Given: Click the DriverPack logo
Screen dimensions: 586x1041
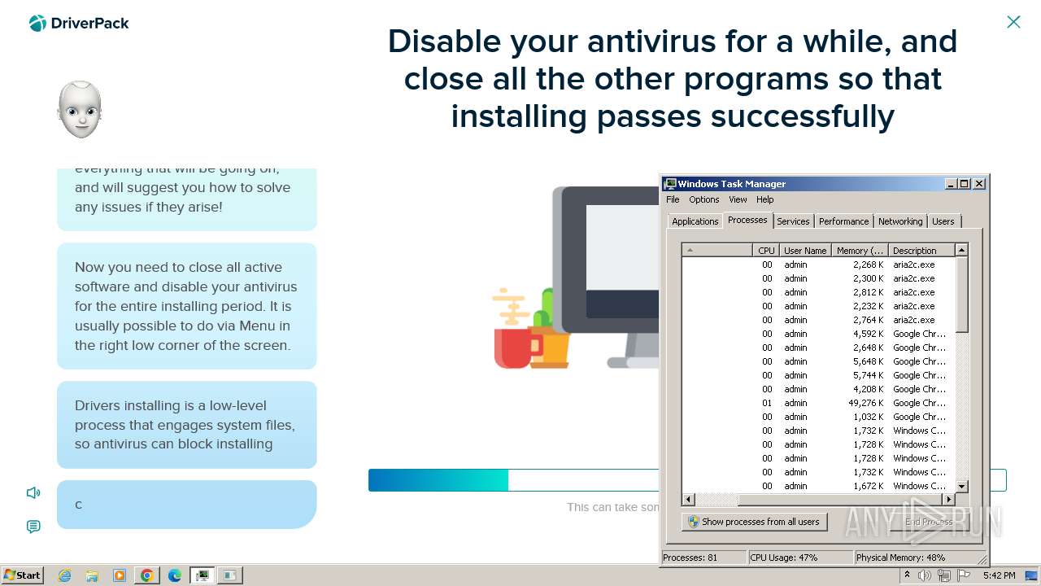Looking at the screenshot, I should [x=79, y=24].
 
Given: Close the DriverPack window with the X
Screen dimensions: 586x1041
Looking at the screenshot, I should [x=1013, y=22].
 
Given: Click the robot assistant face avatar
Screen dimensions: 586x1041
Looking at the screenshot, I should [x=80, y=110].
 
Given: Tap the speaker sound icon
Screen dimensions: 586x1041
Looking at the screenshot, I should [x=33, y=492].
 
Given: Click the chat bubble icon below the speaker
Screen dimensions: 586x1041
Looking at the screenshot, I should [x=33, y=527].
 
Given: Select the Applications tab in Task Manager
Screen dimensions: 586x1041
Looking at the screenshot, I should [x=695, y=221].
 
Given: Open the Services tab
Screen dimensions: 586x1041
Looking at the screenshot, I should [x=792, y=221].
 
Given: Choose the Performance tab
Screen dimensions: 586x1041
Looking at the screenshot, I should [x=843, y=221].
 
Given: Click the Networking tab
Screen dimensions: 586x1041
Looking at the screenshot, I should [x=899, y=221].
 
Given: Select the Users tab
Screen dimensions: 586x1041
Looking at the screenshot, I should [x=943, y=221].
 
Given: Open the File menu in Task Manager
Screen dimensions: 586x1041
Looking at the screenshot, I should [x=673, y=199].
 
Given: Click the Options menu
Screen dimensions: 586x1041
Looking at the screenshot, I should [x=703, y=199].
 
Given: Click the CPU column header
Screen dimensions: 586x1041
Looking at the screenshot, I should [x=766, y=251].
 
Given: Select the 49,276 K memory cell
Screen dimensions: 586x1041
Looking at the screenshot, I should [x=860, y=403].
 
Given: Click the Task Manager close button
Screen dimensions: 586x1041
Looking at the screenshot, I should [x=979, y=184].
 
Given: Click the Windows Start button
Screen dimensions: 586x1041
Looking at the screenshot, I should [x=23, y=575].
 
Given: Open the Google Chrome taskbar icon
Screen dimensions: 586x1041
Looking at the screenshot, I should [x=146, y=575].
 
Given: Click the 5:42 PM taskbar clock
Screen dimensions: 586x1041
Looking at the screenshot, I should [x=998, y=575].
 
